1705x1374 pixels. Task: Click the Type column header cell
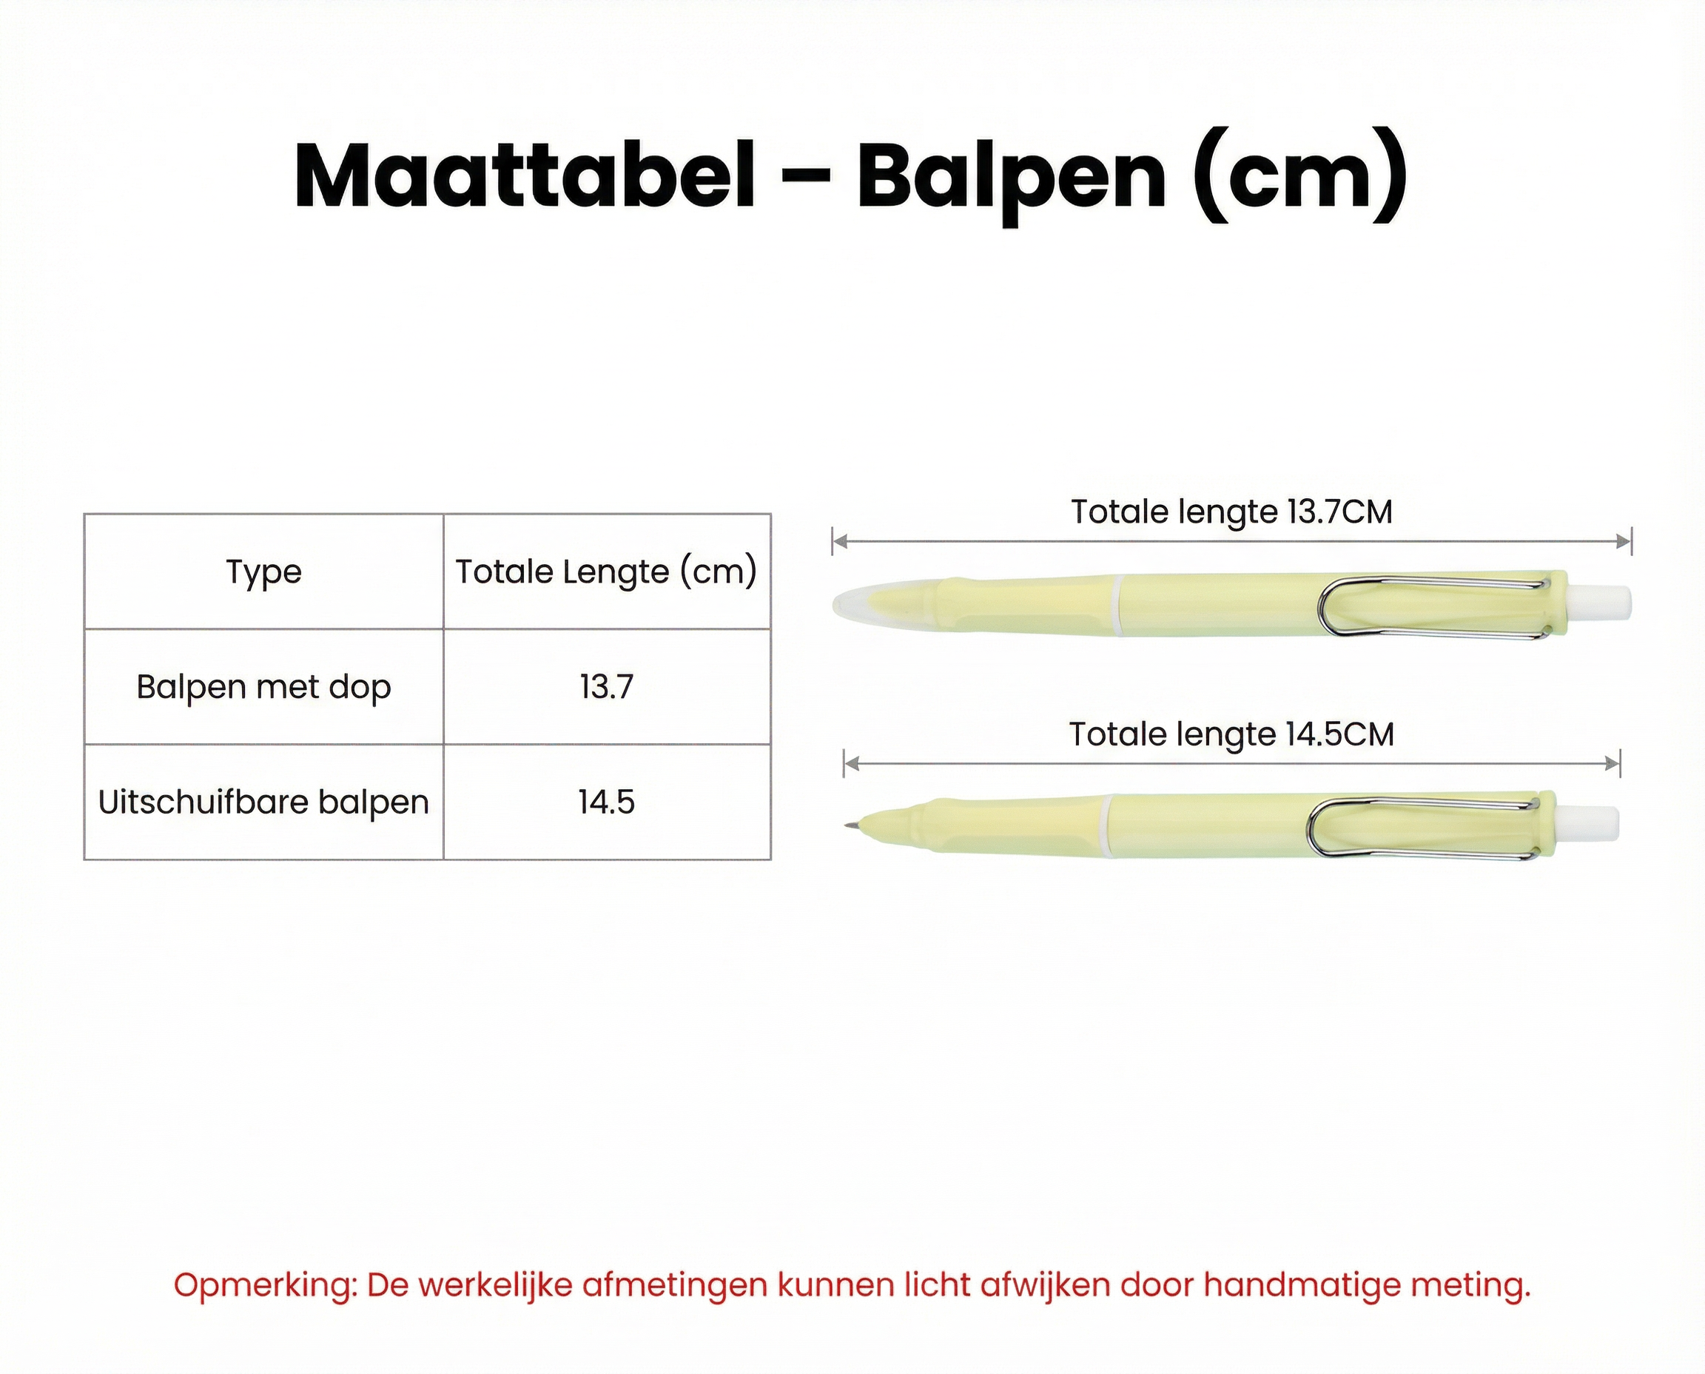[263, 572]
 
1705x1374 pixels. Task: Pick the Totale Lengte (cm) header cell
[606, 572]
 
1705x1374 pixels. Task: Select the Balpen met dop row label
[263, 687]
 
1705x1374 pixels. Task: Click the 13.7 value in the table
[606, 687]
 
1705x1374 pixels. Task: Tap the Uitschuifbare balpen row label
[263, 802]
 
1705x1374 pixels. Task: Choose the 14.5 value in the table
[606, 802]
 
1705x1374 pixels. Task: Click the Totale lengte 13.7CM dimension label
[1231, 512]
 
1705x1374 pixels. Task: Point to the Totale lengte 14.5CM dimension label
[1231, 734]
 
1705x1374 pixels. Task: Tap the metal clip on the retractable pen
[1420, 828]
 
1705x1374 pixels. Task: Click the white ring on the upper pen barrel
[1117, 606]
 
